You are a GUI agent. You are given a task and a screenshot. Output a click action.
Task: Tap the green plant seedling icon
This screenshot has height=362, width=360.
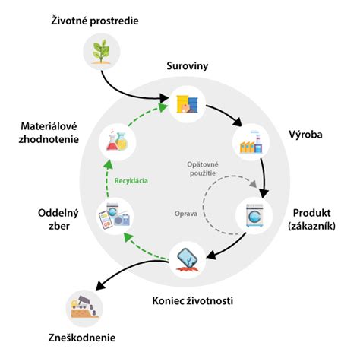[100, 54]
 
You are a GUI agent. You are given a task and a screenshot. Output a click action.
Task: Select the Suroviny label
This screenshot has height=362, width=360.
[187, 67]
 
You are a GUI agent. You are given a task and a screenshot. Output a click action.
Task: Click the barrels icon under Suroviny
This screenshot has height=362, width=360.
[188, 103]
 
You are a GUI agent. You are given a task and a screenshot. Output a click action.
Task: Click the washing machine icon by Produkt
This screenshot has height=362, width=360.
[260, 216]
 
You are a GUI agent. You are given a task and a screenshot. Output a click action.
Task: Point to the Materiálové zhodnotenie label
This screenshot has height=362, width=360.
[48, 132]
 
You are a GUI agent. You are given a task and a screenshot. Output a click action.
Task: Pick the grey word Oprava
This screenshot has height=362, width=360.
[185, 214]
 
